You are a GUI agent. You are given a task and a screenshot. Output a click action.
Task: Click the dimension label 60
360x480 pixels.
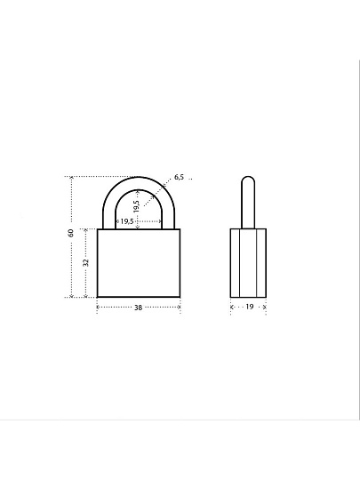[71, 233]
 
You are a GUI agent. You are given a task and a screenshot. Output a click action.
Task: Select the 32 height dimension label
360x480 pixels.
[86, 262]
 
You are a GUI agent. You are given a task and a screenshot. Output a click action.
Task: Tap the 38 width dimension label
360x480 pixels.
[139, 308]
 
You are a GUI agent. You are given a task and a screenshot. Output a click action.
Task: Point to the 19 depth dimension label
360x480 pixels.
[250, 307]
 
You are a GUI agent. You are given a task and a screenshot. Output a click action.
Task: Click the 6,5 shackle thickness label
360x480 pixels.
[179, 177]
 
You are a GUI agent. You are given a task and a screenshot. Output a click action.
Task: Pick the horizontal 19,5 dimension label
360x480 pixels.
[127, 221]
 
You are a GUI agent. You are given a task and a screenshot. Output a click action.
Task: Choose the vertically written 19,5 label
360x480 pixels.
[137, 206]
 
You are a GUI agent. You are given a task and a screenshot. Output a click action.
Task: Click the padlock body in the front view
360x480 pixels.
[139, 263]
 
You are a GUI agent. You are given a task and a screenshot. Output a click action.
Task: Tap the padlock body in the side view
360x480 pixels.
[248, 263]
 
